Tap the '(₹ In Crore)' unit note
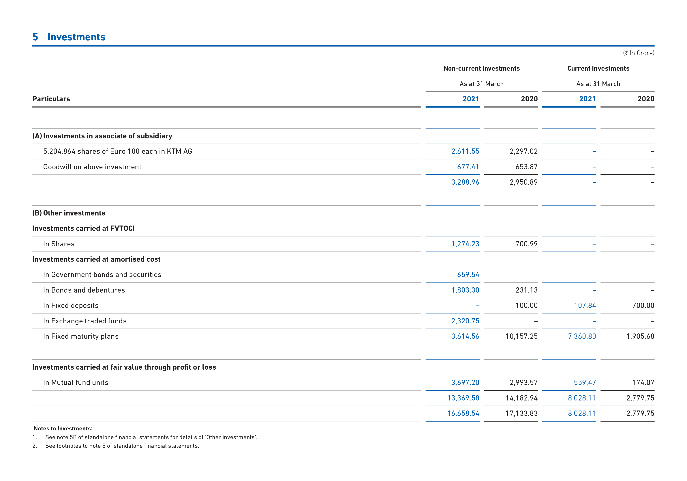[639, 53]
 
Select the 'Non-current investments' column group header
[481, 68]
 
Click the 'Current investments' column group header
[598, 68]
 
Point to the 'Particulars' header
[51, 99]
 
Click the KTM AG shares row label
[118, 151]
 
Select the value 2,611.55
[465, 151]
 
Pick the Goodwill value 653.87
[526, 167]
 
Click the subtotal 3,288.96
[465, 182]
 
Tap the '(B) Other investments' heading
[69, 213]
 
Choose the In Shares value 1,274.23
[465, 244]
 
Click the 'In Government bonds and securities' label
[102, 275]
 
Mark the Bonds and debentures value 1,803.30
[465, 290]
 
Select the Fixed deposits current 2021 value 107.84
[585, 305]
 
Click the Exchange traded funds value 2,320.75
[465, 321]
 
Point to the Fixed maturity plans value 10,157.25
[521, 336]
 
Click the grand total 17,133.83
[521, 413]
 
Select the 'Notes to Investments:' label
[63, 428]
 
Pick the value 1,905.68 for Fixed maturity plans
[640, 336]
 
